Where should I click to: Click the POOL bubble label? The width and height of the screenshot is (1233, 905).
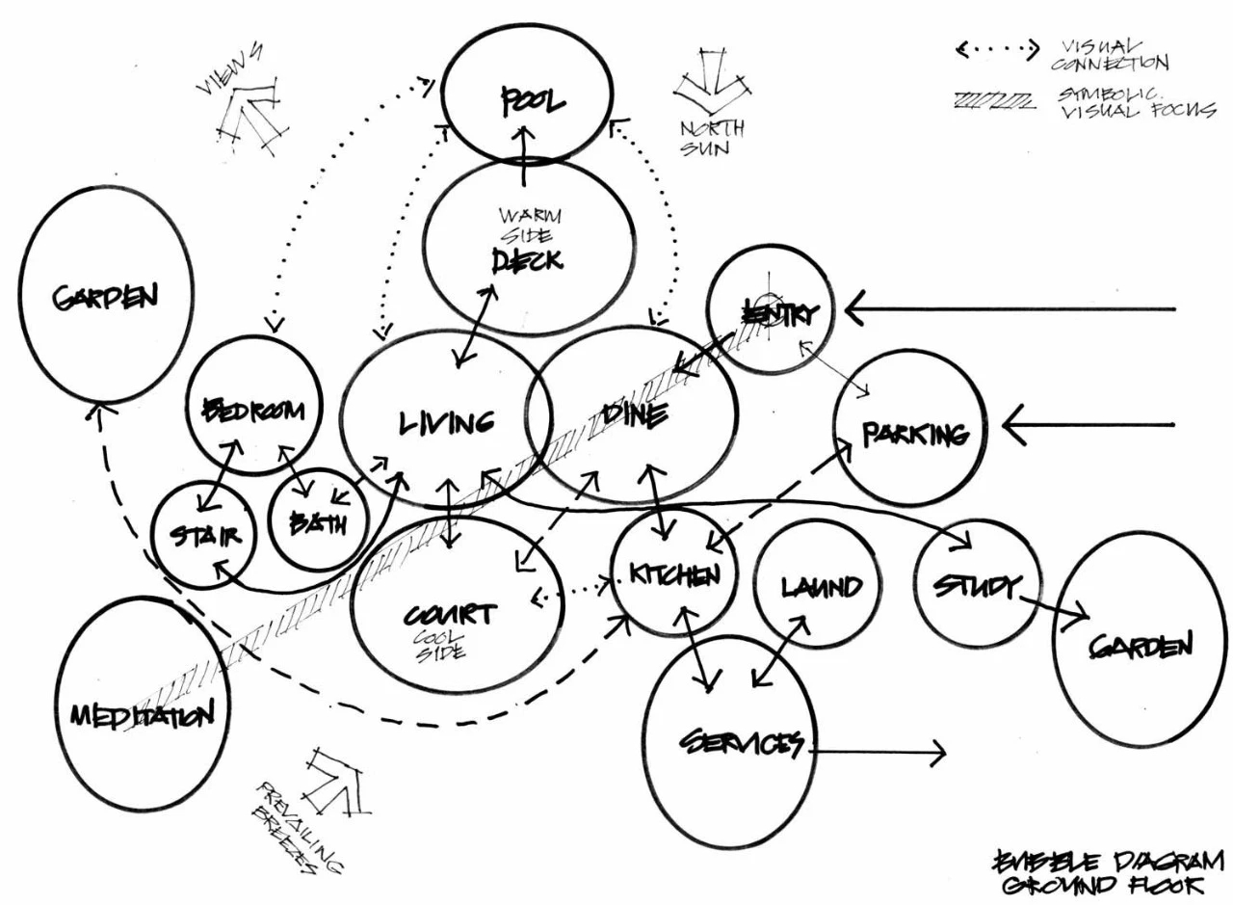click(x=532, y=102)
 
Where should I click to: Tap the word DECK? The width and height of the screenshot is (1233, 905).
click(x=527, y=260)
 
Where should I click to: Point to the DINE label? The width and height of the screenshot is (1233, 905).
click(x=633, y=415)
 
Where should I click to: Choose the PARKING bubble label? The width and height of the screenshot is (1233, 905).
click(x=915, y=434)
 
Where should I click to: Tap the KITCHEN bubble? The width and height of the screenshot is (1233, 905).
click(x=674, y=575)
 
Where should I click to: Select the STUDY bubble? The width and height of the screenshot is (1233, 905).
click(x=975, y=585)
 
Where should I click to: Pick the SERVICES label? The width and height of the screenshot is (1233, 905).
click(x=742, y=743)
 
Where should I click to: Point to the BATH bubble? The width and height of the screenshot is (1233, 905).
click(x=318, y=523)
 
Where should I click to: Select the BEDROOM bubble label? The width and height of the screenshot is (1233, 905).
click(x=253, y=411)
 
